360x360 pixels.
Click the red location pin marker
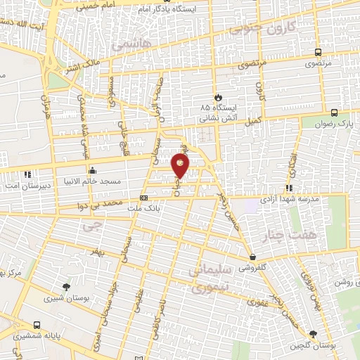(181, 167)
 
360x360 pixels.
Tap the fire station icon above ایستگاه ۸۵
(217, 97)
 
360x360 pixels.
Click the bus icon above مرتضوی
(318, 52)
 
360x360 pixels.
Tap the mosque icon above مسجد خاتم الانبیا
(92, 170)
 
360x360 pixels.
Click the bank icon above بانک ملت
(144, 198)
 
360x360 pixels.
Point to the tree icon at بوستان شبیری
(66, 286)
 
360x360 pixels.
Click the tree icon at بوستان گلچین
(313, 335)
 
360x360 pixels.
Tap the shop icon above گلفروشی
(252, 257)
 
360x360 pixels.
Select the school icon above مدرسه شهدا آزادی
(288, 187)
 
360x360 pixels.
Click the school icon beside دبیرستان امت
(27, 174)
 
